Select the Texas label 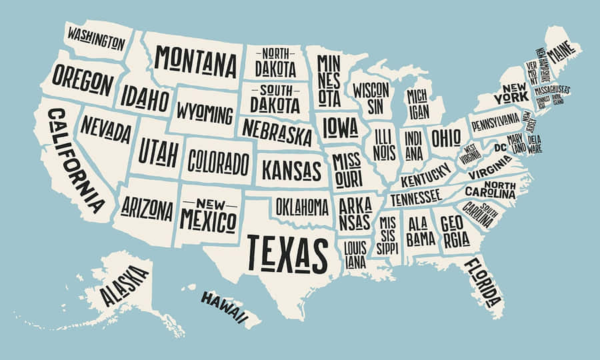(x=287, y=253)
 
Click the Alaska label (x=125, y=285)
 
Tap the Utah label (x=158, y=153)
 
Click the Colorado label (x=218, y=161)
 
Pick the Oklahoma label (x=302, y=206)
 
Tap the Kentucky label (x=426, y=175)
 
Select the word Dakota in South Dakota (x=275, y=105)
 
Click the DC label (x=500, y=147)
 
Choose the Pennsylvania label (x=495, y=121)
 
